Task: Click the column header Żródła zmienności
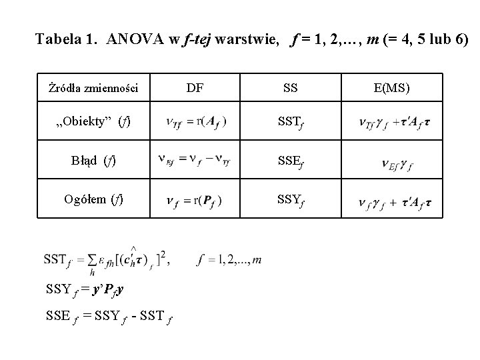click(x=93, y=88)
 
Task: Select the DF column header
click(x=195, y=87)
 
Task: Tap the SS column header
click(x=291, y=87)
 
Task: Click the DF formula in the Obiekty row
click(x=195, y=122)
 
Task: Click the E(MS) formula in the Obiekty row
click(x=394, y=123)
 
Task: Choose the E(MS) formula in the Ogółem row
click(x=394, y=201)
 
